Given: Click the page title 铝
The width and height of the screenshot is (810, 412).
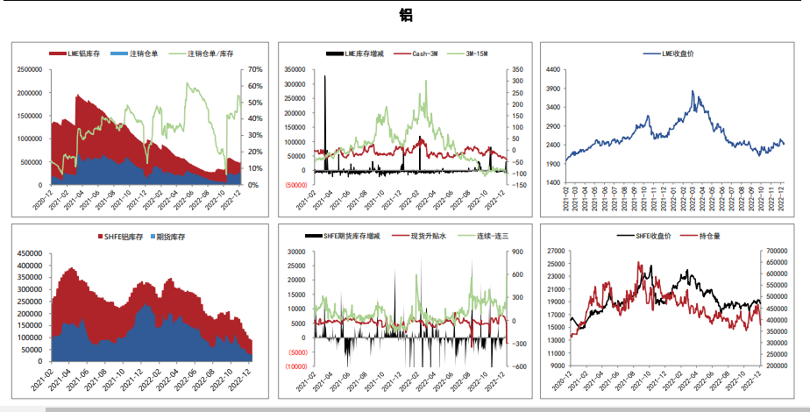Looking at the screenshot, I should click(405, 15).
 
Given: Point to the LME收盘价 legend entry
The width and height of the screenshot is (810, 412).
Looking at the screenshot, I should click(676, 54).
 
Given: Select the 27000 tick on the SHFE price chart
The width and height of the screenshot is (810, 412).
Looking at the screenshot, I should click(556, 252).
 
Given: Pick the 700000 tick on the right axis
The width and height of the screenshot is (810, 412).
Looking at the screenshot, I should click(780, 252).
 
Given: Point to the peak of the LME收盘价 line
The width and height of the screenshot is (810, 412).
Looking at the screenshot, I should click(693, 91).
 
